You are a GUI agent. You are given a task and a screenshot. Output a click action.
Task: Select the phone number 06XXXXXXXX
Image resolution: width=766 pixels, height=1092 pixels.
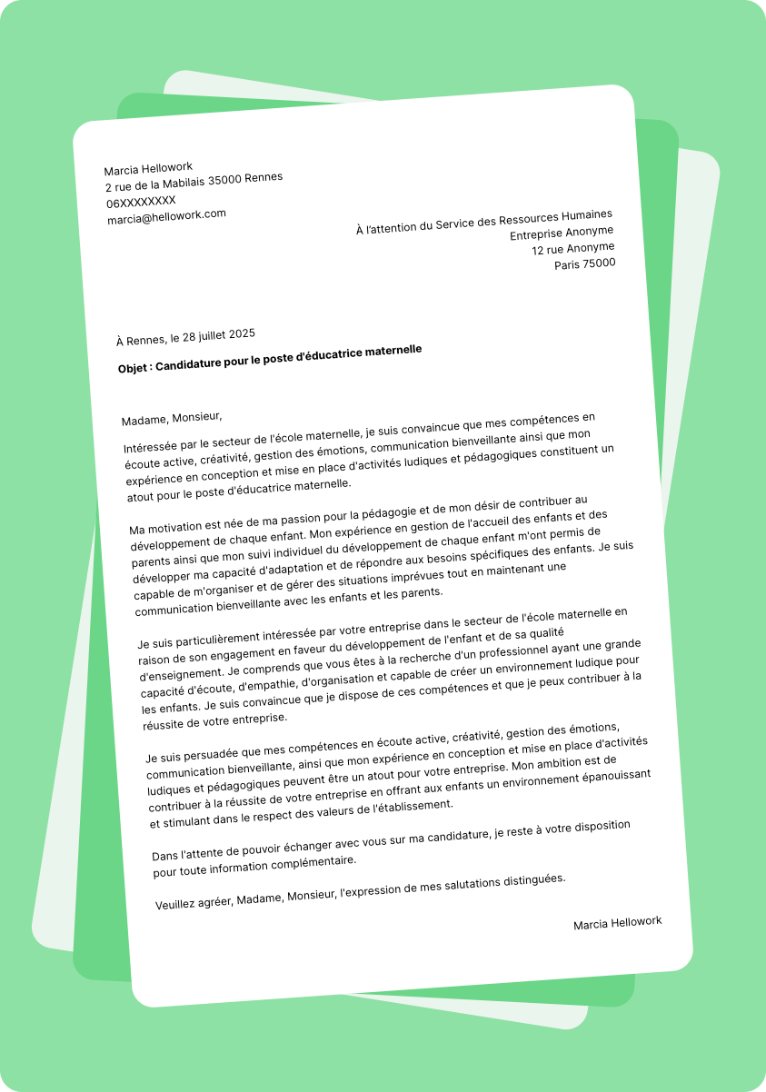click(x=141, y=201)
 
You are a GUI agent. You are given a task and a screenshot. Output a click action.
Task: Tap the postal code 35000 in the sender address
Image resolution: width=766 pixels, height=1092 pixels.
click(x=225, y=180)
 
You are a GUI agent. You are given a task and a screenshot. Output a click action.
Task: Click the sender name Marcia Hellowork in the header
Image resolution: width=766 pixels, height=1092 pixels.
click(x=148, y=168)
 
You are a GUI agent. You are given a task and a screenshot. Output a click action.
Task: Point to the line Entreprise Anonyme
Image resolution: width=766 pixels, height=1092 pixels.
click(x=562, y=233)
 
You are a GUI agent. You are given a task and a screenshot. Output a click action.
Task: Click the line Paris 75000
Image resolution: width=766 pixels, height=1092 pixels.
click(x=585, y=264)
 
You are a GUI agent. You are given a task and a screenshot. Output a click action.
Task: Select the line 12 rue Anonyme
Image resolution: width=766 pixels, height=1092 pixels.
click(x=572, y=248)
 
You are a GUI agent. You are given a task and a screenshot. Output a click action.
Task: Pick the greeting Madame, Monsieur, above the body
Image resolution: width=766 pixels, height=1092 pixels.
click(x=172, y=419)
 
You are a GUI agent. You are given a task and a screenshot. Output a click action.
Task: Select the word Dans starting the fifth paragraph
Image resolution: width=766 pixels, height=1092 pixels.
click(x=165, y=855)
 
